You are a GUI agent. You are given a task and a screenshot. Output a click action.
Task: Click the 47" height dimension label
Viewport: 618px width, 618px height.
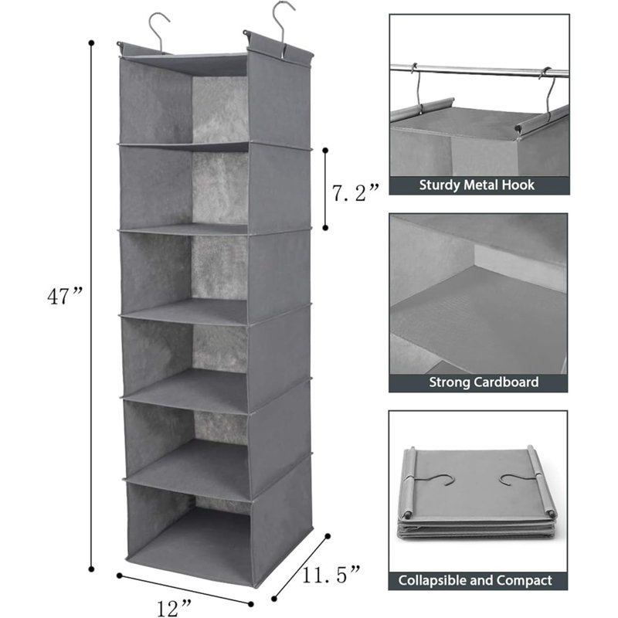point(65,296)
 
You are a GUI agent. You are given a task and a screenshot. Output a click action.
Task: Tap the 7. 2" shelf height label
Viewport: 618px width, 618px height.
point(355,192)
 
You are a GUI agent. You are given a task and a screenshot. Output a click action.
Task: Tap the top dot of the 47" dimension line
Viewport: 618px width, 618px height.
point(91,42)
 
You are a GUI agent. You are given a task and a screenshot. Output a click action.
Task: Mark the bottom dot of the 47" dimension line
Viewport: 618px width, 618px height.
point(91,569)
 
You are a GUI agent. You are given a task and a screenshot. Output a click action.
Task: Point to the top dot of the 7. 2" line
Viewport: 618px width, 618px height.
point(325,150)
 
